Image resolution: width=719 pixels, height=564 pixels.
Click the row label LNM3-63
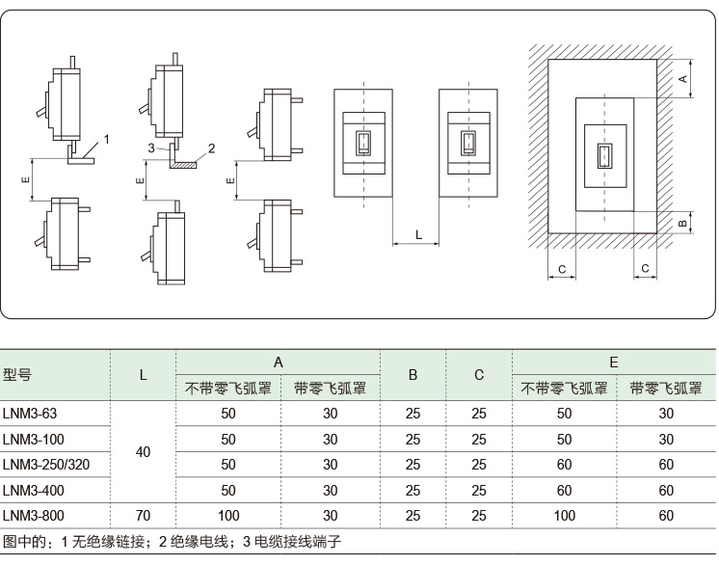30,414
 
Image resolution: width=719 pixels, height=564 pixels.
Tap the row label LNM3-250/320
45,465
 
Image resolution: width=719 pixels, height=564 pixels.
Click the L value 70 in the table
143,517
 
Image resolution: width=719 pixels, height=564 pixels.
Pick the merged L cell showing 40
143,451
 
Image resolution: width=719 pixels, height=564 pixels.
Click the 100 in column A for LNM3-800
228,517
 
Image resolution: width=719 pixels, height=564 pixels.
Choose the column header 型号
17,374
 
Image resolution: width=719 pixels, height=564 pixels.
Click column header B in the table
413,374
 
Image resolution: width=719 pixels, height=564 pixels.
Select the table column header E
613,363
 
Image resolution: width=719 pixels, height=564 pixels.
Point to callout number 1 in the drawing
107,139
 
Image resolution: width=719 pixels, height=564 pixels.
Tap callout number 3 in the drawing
152,147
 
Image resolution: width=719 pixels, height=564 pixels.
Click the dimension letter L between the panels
418,234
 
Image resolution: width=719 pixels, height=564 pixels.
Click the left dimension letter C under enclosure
562,268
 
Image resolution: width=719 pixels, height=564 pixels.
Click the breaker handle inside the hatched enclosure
603,156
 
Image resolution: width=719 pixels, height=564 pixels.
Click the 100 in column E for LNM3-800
564,517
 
